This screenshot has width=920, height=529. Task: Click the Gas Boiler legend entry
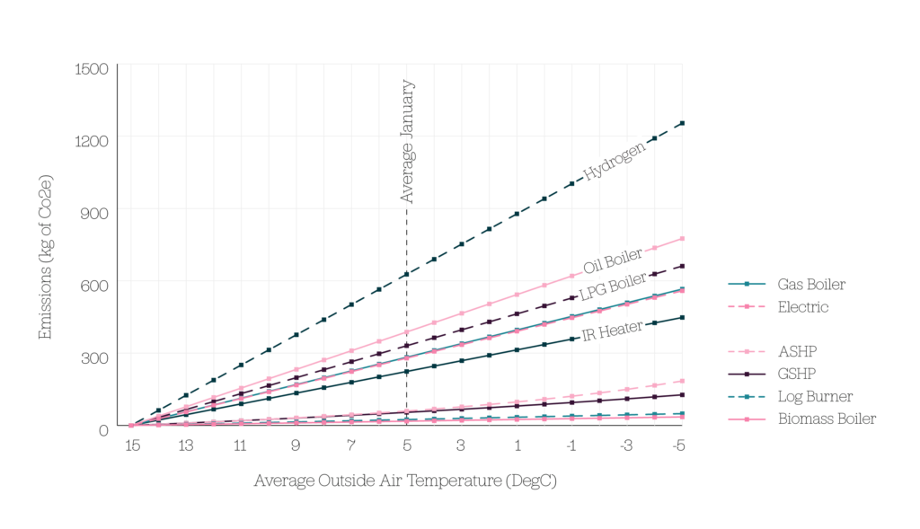pos(811,285)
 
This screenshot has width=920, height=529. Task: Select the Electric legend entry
pos(803,307)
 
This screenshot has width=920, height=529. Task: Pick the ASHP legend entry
pos(797,350)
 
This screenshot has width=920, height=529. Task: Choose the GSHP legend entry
pos(797,373)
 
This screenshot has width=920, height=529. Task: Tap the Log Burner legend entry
pos(815,396)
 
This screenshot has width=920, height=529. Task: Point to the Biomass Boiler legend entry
pos(827,419)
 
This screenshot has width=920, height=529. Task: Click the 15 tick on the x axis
pos(131,445)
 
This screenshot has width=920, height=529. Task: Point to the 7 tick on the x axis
pos(351,445)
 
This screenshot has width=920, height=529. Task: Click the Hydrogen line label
pos(615,162)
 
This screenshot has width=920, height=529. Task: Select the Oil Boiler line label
pos(613,261)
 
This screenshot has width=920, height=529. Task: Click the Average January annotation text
pos(407,141)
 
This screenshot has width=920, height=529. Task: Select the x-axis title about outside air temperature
pos(405,481)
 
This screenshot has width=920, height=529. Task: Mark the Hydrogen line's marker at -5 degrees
pos(682,123)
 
